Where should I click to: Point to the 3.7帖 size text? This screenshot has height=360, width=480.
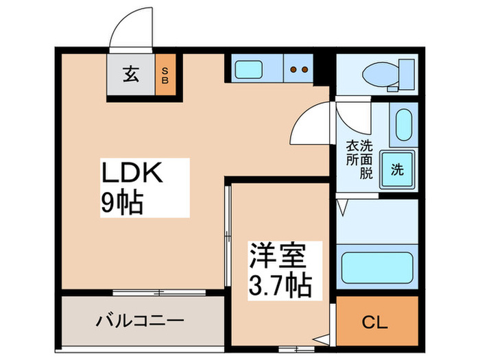coord(280,283)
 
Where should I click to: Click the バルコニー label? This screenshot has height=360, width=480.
coord(139,320)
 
